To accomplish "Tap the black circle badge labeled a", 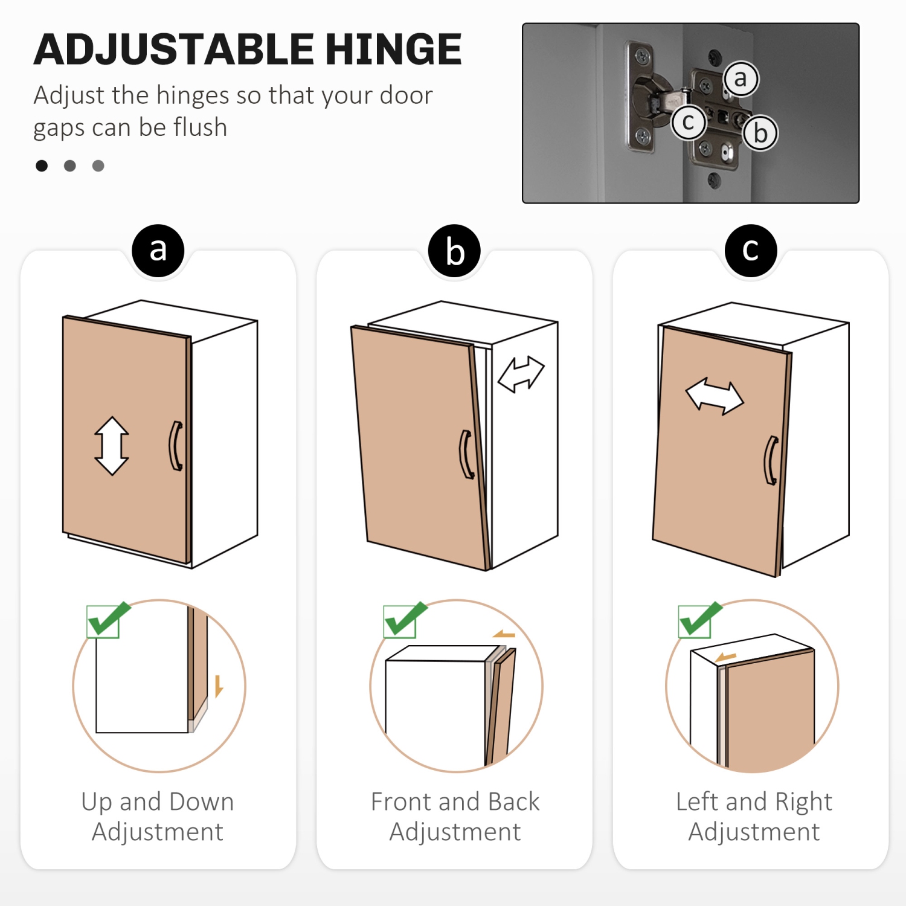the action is tap(158, 251).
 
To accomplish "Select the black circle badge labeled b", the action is tap(454, 251).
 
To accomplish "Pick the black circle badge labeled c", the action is tap(751, 251).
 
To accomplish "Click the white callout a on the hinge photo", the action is tap(741, 79).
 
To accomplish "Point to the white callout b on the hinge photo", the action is tap(760, 133).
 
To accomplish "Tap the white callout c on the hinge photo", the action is tap(689, 122).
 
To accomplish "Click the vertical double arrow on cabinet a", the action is tap(112, 446).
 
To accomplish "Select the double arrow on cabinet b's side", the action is tap(521, 374).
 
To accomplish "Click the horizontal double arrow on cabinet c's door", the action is tap(715, 396).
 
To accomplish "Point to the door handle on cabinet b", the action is tap(466, 454).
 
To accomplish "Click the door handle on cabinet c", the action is tap(771, 460).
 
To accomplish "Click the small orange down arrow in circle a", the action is tap(219, 686).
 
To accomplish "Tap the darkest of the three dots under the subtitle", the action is tap(42, 165).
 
